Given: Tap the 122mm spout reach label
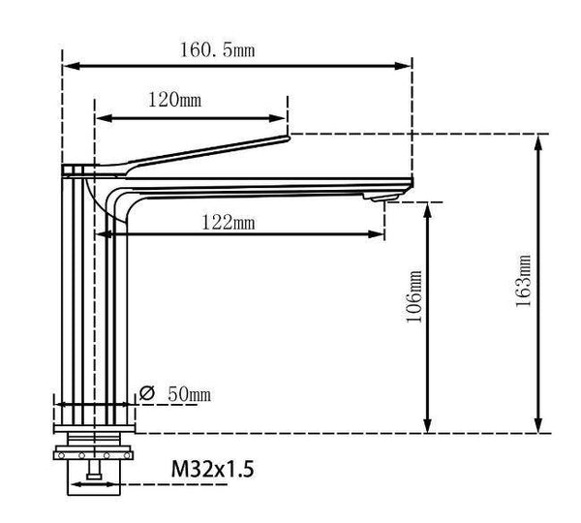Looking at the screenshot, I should [229, 223].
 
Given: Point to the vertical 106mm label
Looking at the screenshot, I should [415, 296].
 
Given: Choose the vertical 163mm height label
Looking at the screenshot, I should [524, 281].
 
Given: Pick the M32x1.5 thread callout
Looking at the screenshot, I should [214, 471].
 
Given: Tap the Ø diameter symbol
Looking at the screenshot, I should [148, 394].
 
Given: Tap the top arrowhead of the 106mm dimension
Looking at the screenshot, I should [427, 208].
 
